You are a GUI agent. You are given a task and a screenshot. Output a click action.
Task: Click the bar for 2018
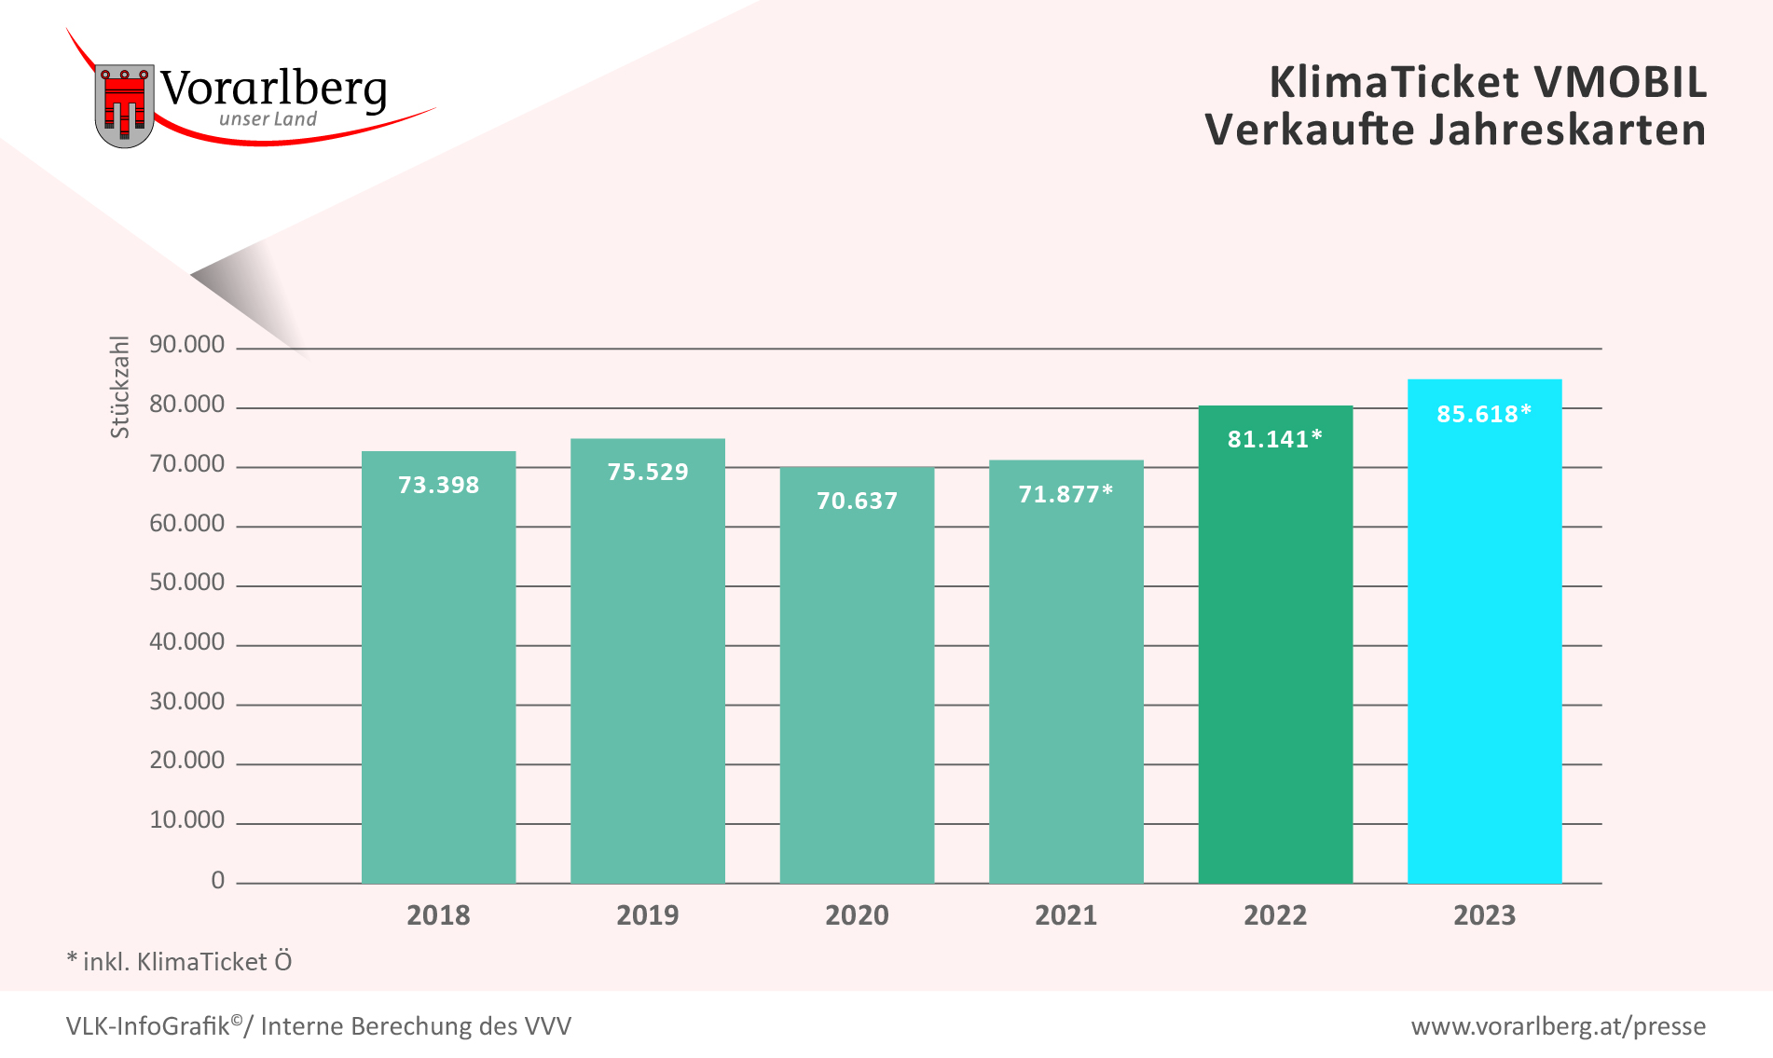point(438,666)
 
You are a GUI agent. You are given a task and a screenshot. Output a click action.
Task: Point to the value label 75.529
point(647,472)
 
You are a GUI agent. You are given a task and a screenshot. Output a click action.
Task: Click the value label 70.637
point(857,501)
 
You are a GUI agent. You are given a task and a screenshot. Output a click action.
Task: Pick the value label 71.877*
point(1065,494)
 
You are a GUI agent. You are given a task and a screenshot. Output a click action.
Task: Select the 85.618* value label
point(1484,414)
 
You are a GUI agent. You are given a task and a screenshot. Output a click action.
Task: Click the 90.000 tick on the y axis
point(186,345)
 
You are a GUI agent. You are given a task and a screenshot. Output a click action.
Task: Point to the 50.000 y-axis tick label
point(186,583)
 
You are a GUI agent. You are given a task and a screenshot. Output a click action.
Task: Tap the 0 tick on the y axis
point(217,880)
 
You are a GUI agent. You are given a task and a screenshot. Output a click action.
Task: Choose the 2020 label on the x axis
point(857,915)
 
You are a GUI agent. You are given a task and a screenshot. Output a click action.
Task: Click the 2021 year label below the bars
point(1065,915)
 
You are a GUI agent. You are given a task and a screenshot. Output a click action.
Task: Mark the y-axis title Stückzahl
point(119,387)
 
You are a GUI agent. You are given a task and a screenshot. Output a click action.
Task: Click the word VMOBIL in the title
point(1620,82)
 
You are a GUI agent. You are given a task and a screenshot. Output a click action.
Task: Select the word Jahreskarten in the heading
point(1568,130)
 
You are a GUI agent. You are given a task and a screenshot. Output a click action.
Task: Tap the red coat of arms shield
point(124,104)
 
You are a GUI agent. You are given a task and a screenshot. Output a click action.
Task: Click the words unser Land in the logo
point(268,119)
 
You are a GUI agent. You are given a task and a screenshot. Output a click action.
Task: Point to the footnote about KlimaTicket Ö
point(179,961)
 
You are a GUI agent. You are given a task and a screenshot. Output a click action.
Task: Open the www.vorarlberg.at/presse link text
point(1558,1026)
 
